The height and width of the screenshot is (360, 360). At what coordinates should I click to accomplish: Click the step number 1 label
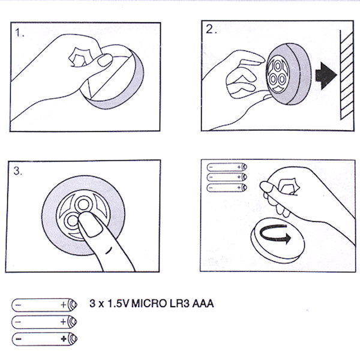20,34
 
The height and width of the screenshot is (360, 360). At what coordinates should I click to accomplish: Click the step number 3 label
18,170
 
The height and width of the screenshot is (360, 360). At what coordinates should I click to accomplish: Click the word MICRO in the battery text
149,304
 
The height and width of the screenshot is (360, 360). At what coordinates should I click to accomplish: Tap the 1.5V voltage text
117,304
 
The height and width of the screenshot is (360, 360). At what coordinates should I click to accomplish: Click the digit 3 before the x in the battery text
91,304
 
